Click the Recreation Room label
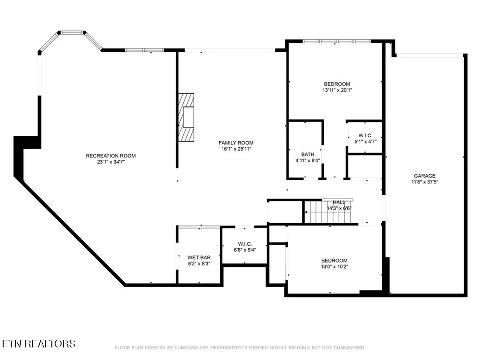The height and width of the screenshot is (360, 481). tap(111, 156)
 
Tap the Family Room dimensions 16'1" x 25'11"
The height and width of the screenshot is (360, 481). tap(236, 149)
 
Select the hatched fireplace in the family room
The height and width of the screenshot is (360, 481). tap(186, 117)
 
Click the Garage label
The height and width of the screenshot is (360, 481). tap(425, 176)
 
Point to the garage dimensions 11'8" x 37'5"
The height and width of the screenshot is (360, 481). tap(425, 182)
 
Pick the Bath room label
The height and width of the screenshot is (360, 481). tap(308, 155)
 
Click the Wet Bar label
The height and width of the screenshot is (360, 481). tap(199, 257)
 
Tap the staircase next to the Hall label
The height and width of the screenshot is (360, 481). tap(327, 212)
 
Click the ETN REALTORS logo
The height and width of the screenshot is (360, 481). tap(38, 344)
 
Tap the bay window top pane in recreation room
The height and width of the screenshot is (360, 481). tap(72, 32)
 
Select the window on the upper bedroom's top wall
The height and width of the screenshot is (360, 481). tap(337, 41)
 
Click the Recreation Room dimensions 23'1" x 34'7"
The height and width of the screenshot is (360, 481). tap(111, 162)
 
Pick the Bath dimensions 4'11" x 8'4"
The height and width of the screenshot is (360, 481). tap(308, 161)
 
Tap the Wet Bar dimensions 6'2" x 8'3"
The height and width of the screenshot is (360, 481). tap(199, 264)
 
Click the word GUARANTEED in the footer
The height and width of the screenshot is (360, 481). tap(349, 348)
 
